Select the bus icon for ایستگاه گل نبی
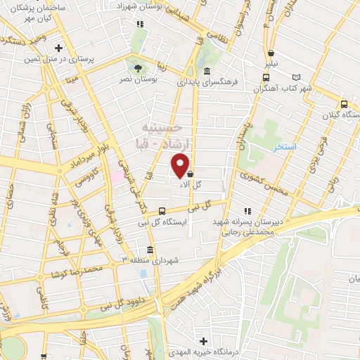pyautogui.click(x=162, y=210)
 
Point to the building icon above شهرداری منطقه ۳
pyautogui.click(x=150, y=250)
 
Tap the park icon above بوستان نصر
pyautogui.click(x=137, y=68)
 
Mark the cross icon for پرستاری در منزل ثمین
pyautogui.click(x=60, y=49)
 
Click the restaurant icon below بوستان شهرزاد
pyautogui.click(x=141, y=23)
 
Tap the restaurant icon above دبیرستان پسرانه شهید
pyautogui.click(x=246, y=210)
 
